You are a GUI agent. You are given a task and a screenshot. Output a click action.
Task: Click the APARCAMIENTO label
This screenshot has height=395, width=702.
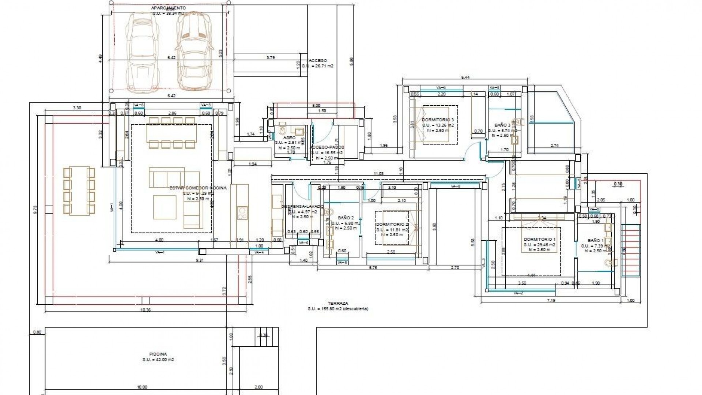169,8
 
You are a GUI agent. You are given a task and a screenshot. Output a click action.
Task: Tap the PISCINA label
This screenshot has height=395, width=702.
158,354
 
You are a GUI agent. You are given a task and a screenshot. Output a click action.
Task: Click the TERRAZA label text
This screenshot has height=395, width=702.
338,303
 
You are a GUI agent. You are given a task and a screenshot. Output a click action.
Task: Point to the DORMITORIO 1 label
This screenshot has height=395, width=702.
539,239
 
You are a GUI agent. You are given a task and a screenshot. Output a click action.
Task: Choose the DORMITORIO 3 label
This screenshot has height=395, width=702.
438,120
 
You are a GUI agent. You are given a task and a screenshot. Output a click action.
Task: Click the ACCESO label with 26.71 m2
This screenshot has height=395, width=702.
318,61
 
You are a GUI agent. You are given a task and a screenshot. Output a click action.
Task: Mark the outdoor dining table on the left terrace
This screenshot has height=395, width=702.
79,191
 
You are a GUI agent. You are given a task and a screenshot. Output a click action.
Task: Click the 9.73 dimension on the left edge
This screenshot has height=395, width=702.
35,209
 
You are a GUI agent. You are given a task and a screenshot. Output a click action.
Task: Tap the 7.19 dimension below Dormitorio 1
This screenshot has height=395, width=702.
551,300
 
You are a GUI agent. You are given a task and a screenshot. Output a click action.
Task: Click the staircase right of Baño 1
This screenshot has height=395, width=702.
631,251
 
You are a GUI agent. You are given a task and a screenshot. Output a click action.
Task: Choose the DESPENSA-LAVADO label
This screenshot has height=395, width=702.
302,206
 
